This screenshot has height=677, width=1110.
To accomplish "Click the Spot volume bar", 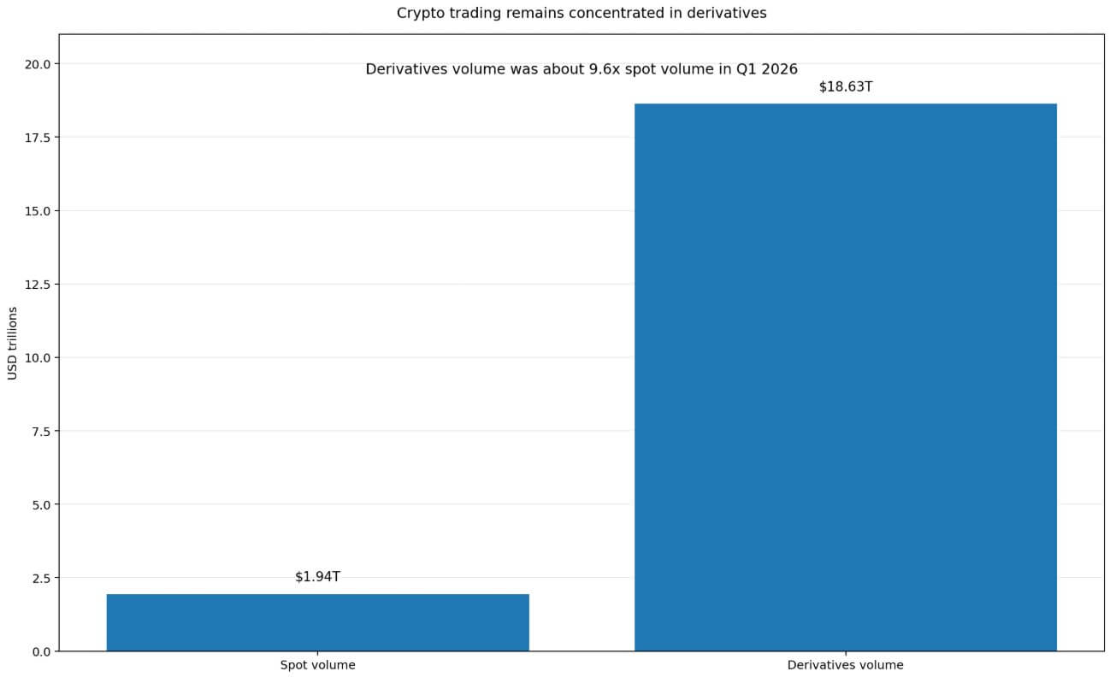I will (317, 622).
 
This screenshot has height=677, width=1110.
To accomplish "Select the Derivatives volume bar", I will (845, 377).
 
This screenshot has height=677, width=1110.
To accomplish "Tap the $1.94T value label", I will (317, 577).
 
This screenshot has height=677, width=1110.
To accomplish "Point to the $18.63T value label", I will (845, 87).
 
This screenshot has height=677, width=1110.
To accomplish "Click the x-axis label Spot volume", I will (317, 665).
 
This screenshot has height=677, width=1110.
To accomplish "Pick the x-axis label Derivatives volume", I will (845, 665).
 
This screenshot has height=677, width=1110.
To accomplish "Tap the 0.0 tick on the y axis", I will (41, 651).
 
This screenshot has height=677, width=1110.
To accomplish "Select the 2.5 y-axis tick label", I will (41, 578).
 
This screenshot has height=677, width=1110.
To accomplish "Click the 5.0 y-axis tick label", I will (41, 504).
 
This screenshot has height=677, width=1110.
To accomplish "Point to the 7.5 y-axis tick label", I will (41, 431).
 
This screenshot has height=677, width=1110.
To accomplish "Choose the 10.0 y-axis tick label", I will (38, 357).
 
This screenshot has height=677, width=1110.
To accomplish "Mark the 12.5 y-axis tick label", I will (38, 284).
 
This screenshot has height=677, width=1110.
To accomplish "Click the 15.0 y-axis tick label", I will (38, 211).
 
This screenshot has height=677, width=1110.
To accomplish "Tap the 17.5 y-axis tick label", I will (38, 138).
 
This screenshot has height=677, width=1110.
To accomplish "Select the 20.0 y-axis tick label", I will (38, 64).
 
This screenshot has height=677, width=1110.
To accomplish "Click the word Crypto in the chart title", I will (417, 14).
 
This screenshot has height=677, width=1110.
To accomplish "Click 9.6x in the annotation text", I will (606, 69).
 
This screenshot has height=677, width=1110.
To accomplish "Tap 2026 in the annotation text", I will (779, 69).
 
